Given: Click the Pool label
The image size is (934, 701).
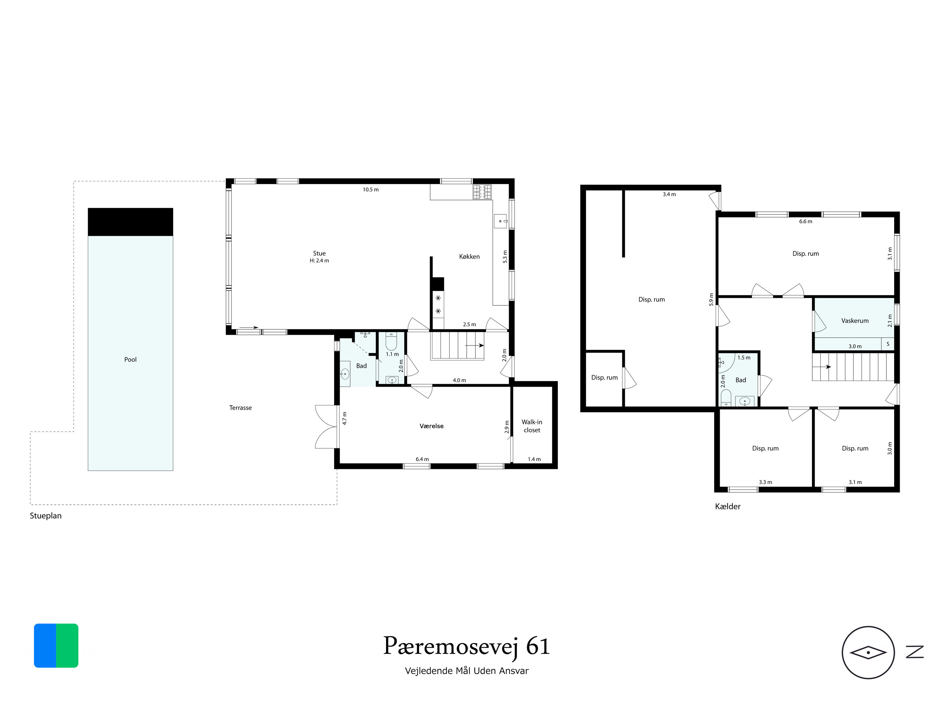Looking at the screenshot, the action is point(130,360).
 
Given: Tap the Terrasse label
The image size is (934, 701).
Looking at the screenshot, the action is point(240,408).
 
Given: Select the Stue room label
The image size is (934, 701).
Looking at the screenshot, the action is point(319,254).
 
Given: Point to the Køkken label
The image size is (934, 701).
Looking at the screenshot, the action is point(469,256).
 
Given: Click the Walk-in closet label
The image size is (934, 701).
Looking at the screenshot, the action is point(532,426).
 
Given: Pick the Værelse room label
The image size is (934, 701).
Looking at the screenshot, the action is point(432,426).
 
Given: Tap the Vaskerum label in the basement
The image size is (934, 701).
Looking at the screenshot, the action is point(855,321).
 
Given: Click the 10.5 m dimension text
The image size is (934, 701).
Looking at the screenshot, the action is point(371,190).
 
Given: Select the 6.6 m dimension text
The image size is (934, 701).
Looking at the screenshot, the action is point(806,222).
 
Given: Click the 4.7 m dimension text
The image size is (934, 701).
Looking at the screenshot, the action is point(345,418).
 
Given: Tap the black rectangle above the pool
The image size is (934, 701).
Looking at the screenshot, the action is point(130,222).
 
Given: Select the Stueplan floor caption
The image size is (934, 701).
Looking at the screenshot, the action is point(45,516).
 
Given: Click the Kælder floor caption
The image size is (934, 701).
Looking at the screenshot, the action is point(728,507).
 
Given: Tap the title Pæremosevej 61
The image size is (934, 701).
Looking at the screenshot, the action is point(467,647).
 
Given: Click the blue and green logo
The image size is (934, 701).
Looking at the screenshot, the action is point(56,646).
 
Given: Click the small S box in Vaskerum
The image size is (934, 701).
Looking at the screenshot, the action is point(888,344).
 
